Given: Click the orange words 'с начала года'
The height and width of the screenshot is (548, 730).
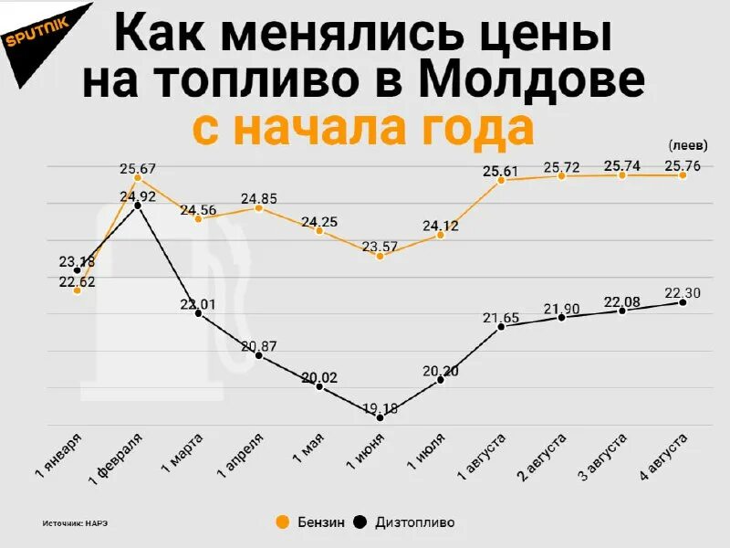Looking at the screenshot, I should tap(363, 127).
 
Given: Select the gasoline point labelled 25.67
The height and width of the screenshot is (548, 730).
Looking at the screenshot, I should tap(138, 178).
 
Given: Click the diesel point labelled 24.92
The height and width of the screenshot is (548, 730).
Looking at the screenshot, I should tap(138, 205).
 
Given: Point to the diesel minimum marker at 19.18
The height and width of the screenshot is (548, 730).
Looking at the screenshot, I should tap(381, 417).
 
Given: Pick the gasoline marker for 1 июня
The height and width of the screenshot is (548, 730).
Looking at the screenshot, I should tap(381, 256).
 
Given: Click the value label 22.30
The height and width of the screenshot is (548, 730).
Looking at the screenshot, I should tap(683, 292).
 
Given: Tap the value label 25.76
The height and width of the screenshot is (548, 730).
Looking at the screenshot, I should tap(683, 165).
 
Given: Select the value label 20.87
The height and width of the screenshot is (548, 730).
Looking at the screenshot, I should tap(259, 345).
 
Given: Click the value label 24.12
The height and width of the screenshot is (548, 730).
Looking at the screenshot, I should tap(440, 225).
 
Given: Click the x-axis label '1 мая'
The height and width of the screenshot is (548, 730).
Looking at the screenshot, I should tap(308, 452).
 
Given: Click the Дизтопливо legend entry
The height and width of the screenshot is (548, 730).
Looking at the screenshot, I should tap(405, 522).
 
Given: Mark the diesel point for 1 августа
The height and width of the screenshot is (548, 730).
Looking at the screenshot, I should tap(501, 326).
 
